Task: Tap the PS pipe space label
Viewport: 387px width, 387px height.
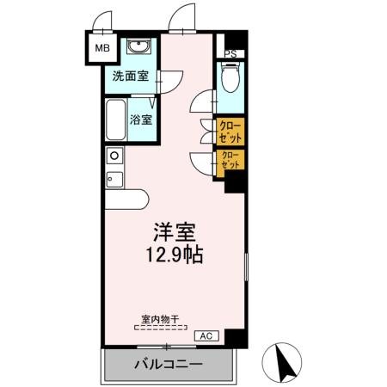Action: click(x=229, y=53)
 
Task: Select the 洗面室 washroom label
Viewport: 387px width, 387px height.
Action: click(x=130, y=76)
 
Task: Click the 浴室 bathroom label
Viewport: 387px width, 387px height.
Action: click(x=142, y=120)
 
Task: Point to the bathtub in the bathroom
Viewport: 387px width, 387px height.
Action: click(x=115, y=121)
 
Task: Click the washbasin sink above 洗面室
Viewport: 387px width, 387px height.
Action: click(x=138, y=46)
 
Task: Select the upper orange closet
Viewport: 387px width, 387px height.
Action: click(x=230, y=132)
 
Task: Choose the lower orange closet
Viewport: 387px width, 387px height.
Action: click(x=230, y=161)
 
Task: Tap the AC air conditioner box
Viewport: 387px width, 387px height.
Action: click(x=206, y=335)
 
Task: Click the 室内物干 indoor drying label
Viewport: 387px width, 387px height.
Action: click(x=160, y=319)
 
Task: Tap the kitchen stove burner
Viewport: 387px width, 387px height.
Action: click(x=113, y=156)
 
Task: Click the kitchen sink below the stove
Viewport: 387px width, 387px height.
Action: click(x=114, y=180)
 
